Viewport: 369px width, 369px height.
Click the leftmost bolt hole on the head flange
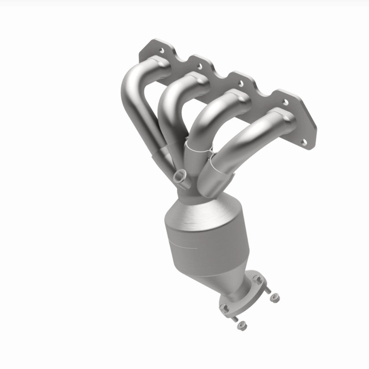162,49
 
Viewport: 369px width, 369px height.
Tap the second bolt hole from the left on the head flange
200,66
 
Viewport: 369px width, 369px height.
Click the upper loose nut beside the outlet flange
274,296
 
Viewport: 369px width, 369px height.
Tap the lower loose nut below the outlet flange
241,325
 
